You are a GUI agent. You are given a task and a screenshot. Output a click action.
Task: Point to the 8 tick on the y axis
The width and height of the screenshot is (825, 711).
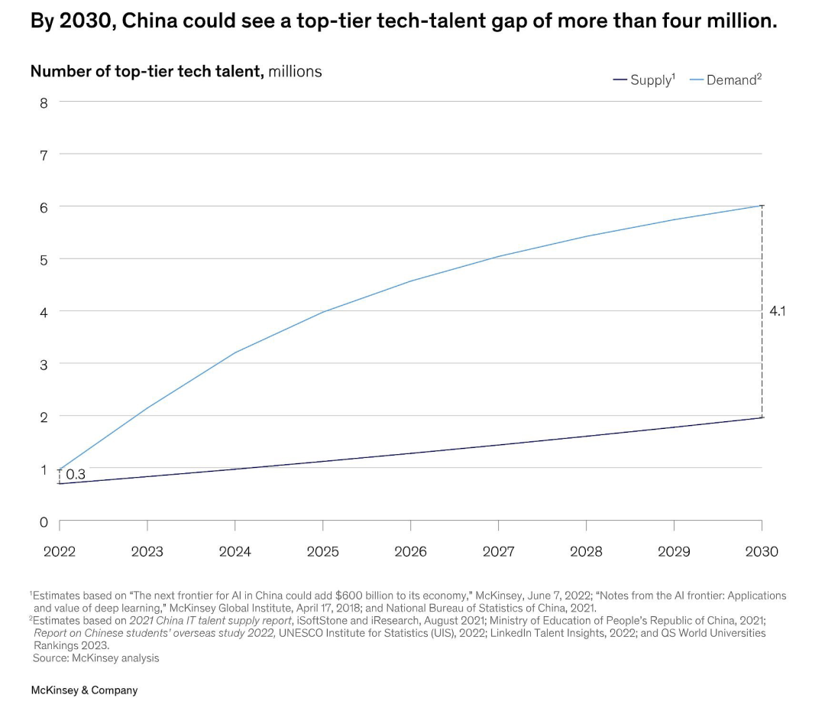coord(44,103)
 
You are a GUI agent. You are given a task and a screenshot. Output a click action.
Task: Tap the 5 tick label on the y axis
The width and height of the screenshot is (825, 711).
coord(44,260)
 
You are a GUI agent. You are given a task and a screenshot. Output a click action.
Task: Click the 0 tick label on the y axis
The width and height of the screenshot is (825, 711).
coord(44,522)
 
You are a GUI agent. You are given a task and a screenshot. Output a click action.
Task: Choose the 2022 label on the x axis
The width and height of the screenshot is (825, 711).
coord(60,552)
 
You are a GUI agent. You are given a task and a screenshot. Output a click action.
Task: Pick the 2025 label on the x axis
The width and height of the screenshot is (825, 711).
coord(322,552)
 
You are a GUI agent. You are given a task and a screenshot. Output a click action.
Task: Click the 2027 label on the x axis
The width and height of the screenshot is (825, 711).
coord(498,552)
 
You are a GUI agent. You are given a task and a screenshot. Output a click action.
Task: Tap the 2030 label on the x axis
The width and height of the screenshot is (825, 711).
coord(761,552)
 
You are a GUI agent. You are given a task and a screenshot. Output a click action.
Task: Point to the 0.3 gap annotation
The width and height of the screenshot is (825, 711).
coord(76,475)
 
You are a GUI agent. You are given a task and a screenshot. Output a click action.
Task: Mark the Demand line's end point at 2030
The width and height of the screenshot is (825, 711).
coord(762,206)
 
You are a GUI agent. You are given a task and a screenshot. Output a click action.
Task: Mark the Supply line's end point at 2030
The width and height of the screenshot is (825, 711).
coord(762,417)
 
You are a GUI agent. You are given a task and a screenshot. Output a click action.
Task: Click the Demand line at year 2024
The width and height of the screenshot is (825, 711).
coord(235,352)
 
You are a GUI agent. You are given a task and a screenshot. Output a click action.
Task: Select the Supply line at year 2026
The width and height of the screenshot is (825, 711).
coord(410,453)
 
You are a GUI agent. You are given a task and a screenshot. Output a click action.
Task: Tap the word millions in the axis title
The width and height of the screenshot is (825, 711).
coord(295,71)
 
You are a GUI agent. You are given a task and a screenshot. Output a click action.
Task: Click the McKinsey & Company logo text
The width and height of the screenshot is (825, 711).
coord(84,690)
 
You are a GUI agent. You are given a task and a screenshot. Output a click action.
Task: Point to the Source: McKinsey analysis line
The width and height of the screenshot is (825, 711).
coord(95,657)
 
